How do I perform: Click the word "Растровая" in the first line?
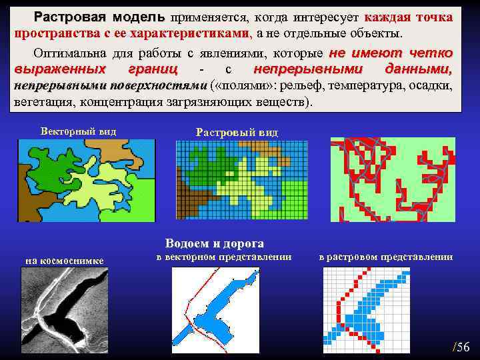(x=70, y=16)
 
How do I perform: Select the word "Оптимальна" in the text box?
(x=61, y=53)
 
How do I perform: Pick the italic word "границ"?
(x=153, y=70)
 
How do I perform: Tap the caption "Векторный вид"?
(x=78, y=131)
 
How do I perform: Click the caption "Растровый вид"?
(x=237, y=133)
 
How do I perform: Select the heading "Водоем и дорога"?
(x=214, y=243)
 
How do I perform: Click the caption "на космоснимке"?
(x=64, y=260)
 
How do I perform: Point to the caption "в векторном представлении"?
(x=224, y=257)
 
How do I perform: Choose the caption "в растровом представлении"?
(x=385, y=257)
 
